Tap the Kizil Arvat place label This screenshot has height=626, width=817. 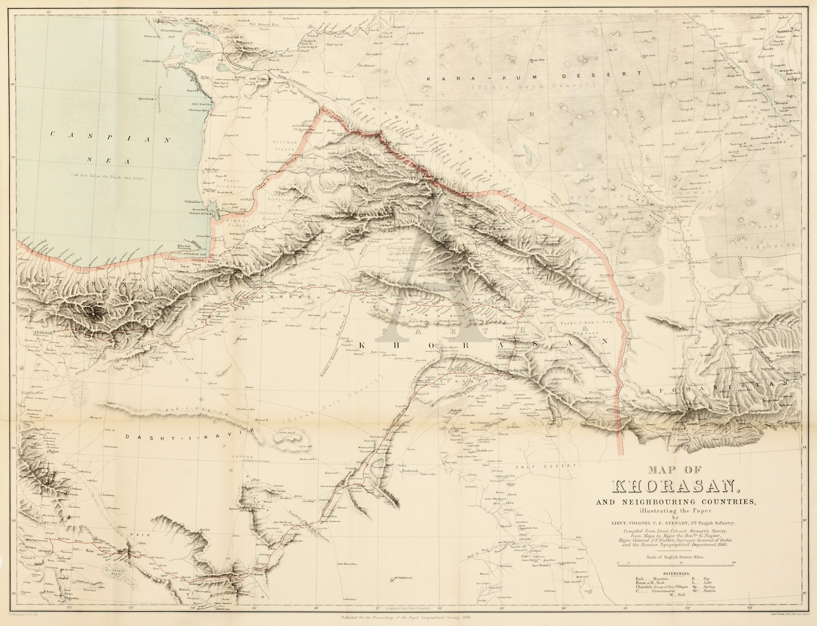(x=343, y=98)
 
